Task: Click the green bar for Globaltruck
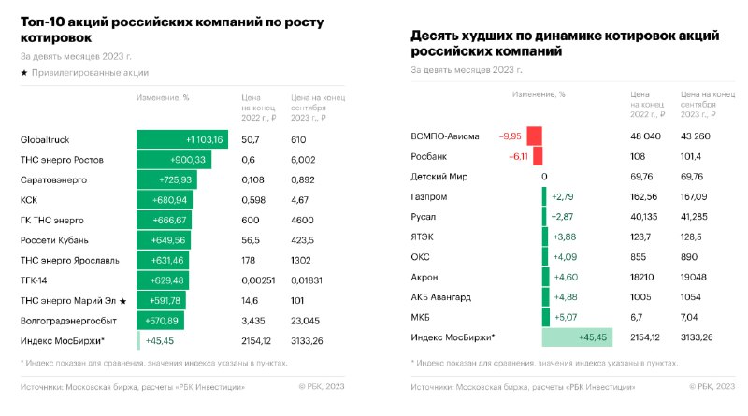coord(182,139)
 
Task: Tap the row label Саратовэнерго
coord(56,179)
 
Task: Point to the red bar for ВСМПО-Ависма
coord(535,136)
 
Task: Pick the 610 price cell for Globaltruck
coord(299,139)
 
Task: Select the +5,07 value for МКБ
coord(564,317)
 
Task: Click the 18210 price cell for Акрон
coord(644,277)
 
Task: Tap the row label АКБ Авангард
coord(447,297)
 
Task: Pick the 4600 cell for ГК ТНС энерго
coord(304,220)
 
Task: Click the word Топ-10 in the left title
coord(46,21)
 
